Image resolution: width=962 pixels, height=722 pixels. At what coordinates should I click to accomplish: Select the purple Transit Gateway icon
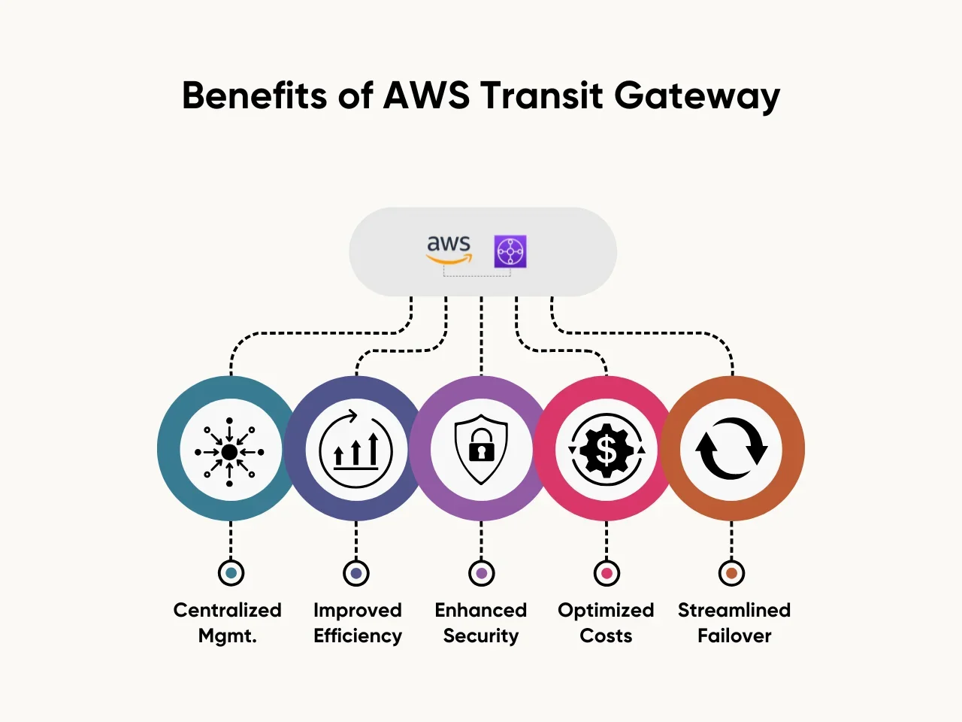click(x=510, y=251)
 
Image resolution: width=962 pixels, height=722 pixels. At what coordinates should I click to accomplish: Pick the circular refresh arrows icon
click(x=731, y=449)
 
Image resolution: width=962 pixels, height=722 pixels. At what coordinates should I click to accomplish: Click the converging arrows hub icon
click(x=230, y=451)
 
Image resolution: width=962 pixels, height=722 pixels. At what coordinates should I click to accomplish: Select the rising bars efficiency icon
click(x=356, y=450)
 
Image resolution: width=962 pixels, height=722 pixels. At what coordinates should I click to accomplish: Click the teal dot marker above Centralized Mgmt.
click(x=231, y=573)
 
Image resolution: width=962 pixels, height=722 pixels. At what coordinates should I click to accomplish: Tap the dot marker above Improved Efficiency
click(x=356, y=573)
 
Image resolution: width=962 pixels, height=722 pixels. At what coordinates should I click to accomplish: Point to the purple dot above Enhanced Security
click(x=482, y=573)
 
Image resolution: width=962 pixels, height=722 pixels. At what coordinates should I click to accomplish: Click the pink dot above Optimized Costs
click(x=607, y=573)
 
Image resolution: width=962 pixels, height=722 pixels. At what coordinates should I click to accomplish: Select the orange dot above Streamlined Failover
click(x=731, y=573)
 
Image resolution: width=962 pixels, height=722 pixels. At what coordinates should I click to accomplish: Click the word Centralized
click(x=227, y=610)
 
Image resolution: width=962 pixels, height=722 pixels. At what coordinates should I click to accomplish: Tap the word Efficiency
click(x=358, y=636)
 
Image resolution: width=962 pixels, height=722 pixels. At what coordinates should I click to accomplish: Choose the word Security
click(x=481, y=636)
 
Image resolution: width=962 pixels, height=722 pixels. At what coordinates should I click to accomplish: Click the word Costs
click(x=606, y=636)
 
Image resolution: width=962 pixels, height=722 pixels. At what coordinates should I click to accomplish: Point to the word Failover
click(x=734, y=636)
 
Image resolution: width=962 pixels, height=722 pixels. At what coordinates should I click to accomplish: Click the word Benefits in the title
click(x=254, y=96)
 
